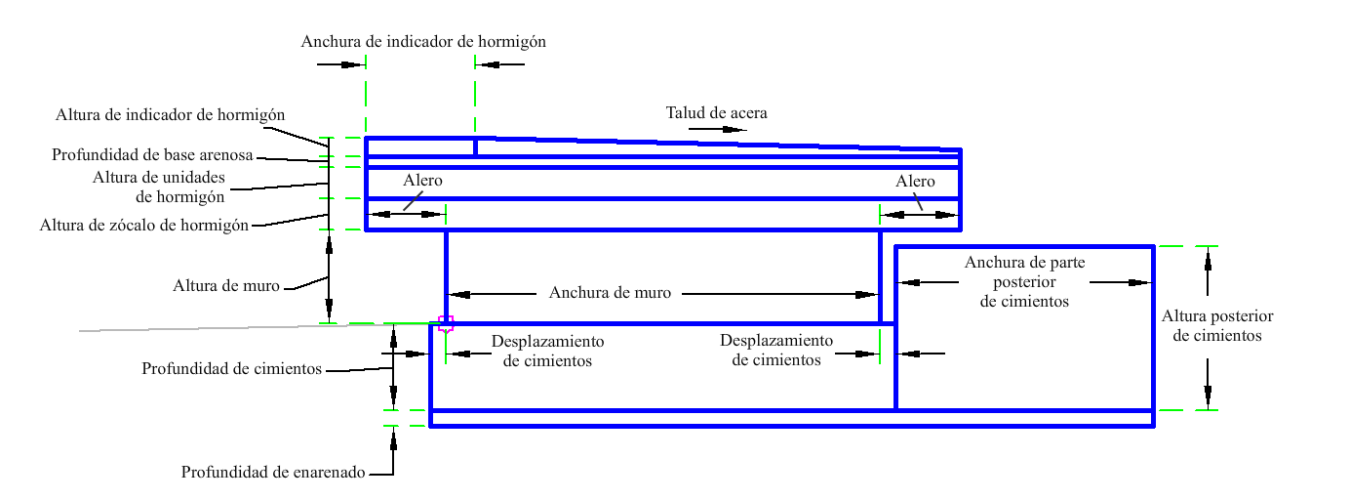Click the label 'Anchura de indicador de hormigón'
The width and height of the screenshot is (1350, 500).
point(423,42)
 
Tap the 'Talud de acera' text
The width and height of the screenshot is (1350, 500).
point(716,112)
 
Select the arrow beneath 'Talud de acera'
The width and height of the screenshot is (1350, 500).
point(717,129)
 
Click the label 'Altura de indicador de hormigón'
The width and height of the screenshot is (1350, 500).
point(170,114)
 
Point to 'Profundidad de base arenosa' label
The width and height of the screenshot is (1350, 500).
point(152,155)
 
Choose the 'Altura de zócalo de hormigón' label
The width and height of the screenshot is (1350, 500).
point(144,226)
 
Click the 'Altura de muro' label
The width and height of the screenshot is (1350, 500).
point(226,285)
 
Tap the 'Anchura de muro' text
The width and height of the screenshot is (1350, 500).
point(610,293)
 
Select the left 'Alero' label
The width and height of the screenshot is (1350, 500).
point(422,181)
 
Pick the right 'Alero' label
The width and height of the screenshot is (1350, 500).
point(915,181)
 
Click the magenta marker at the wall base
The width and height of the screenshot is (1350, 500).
point(446,324)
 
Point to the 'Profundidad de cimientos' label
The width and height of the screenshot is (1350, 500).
point(231,368)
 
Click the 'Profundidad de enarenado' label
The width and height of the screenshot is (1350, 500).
point(273,472)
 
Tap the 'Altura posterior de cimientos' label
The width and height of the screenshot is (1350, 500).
point(1216,326)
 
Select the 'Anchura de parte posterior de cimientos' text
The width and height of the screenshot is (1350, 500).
point(1024,281)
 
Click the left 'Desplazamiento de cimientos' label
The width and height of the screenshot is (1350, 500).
point(547,351)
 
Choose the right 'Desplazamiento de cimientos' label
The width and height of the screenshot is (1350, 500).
point(776,350)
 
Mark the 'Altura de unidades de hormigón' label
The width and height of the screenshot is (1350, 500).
point(159,187)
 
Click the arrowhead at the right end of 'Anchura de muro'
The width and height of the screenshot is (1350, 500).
point(867,294)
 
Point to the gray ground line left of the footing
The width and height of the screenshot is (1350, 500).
point(254,327)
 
